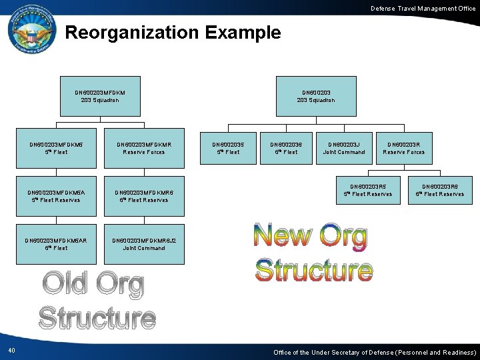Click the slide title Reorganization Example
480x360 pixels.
(x=173, y=33)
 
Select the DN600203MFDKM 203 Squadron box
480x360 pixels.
(x=100, y=96)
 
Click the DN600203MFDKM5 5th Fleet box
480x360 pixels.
(x=57, y=148)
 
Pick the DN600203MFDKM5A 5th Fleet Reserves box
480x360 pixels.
(x=57, y=196)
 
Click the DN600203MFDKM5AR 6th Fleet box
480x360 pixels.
(x=57, y=244)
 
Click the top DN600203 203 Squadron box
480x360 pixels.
(x=316, y=96)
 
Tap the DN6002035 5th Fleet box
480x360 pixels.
(x=228, y=148)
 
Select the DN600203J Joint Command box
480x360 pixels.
(x=344, y=148)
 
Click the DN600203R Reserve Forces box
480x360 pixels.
(x=403, y=148)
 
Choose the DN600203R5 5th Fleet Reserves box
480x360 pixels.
(x=368, y=190)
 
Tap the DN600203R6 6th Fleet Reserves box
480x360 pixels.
(x=440, y=190)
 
